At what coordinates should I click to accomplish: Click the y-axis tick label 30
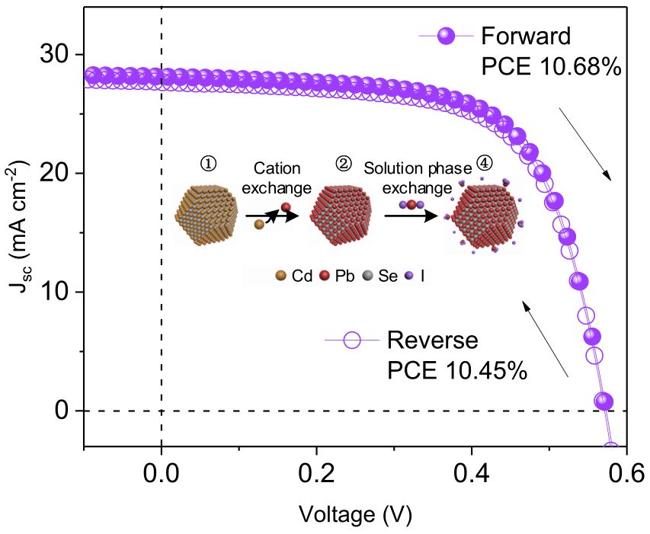pos(54,54)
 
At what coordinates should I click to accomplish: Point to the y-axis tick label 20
pos(54,173)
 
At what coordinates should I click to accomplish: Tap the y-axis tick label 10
pos(54,292)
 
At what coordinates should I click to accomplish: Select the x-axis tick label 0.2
pos(316,473)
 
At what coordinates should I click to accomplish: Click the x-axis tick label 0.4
pos(472,473)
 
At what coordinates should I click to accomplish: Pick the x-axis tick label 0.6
pos(626,473)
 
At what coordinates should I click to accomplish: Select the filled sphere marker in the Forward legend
pos(446,36)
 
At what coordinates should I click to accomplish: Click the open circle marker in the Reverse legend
pos(352,341)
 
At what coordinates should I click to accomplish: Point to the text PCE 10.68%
pos(552,66)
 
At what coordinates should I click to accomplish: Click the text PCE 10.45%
pos(457,370)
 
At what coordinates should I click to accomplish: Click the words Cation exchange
pos(277,178)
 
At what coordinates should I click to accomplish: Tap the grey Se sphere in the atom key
pos(368,276)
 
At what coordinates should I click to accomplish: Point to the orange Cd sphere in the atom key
pos(281,276)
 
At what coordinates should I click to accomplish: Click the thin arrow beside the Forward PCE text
pos(585,144)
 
